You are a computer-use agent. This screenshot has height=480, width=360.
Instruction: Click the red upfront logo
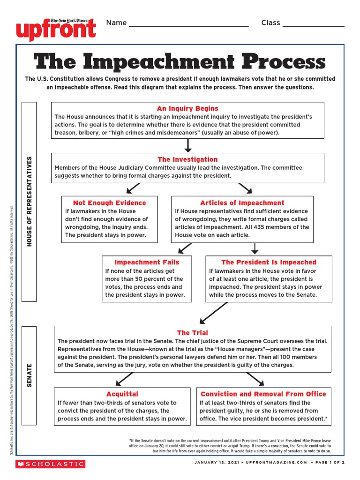tap(56, 29)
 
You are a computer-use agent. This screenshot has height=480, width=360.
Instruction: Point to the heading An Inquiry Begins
tap(187, 108)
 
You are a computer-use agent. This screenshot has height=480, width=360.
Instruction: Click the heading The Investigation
tap(187, 159)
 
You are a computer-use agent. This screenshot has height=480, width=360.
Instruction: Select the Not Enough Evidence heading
tap(109, 203)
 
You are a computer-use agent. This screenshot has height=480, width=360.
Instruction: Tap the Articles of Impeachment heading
tap(242, 203)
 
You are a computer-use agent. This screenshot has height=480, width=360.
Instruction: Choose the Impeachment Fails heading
tap(147, 262)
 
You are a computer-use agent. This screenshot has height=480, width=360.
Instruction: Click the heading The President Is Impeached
tap(269, 262)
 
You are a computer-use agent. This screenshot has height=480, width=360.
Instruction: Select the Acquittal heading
tap(122, 394)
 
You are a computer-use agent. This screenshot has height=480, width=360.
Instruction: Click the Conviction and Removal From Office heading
tap(263, 394)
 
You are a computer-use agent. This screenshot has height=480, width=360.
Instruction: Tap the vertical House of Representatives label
tap(30, 202)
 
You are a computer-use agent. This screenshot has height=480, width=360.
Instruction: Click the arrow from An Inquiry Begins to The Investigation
tap(188, 145)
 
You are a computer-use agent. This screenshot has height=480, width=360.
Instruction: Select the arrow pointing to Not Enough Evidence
tap(133, 188)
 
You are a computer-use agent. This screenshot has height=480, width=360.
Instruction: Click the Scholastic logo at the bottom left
tap(50, 464)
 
